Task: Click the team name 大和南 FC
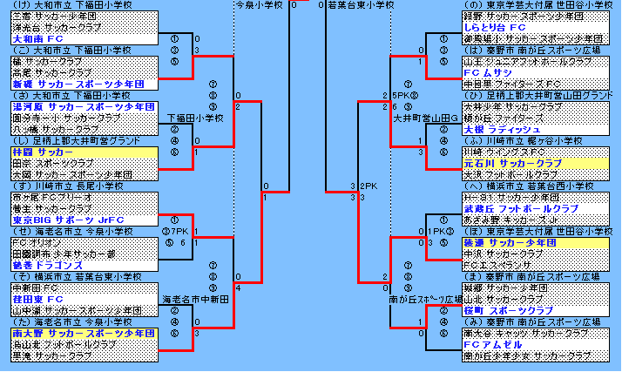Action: [37, 39]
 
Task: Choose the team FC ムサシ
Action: [487, 73]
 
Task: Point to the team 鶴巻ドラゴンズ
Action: [46, 265]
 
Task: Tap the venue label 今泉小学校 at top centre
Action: [258, 5]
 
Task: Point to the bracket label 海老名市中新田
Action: [196, 299]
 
